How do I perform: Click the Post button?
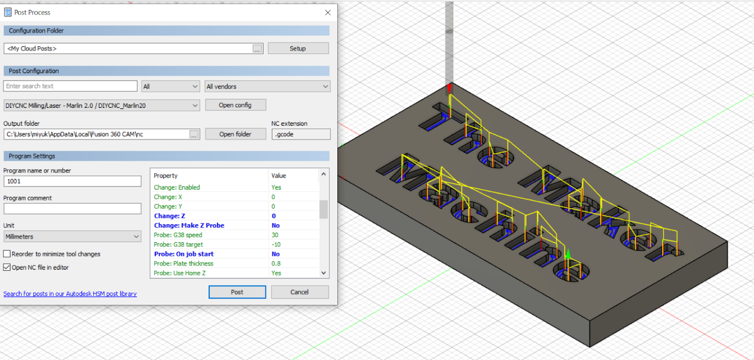coord(237,292)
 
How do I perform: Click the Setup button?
coord(298,49)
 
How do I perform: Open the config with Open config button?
coord(235,105)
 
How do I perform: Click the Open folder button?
coord(235,134)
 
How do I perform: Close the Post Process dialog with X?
coord(328,13)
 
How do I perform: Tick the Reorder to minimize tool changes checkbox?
coord(7,254)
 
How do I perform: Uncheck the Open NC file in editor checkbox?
coord(7,267)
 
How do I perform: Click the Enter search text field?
coord(71,86)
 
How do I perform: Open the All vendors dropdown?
coord(267,87)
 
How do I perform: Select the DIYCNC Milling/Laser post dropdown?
coord(102,106)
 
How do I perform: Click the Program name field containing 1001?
coord(72,181)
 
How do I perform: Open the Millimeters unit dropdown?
coord(72,237)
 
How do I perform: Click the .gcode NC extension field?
coord(301,134)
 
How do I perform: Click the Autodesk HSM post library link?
coord(70,294)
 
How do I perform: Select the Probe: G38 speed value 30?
coord(275,235)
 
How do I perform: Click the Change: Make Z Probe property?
coord(189,226)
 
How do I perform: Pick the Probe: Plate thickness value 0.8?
coord(276,264)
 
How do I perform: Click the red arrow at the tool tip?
coord(449,89)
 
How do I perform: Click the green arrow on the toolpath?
coord(568,254)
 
